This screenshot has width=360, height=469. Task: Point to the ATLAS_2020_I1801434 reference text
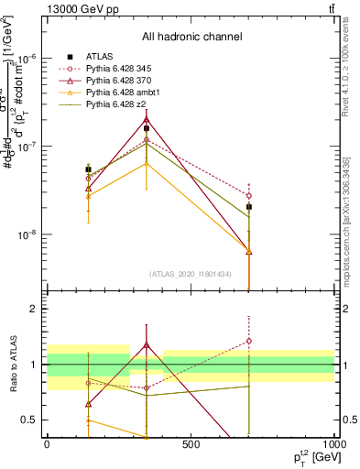click(191, 274)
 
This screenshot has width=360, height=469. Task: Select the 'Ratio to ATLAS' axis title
click(11, 364)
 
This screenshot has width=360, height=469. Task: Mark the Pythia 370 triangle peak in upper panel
click(147, 119)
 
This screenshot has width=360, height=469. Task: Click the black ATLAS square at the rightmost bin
click(248, 207)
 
